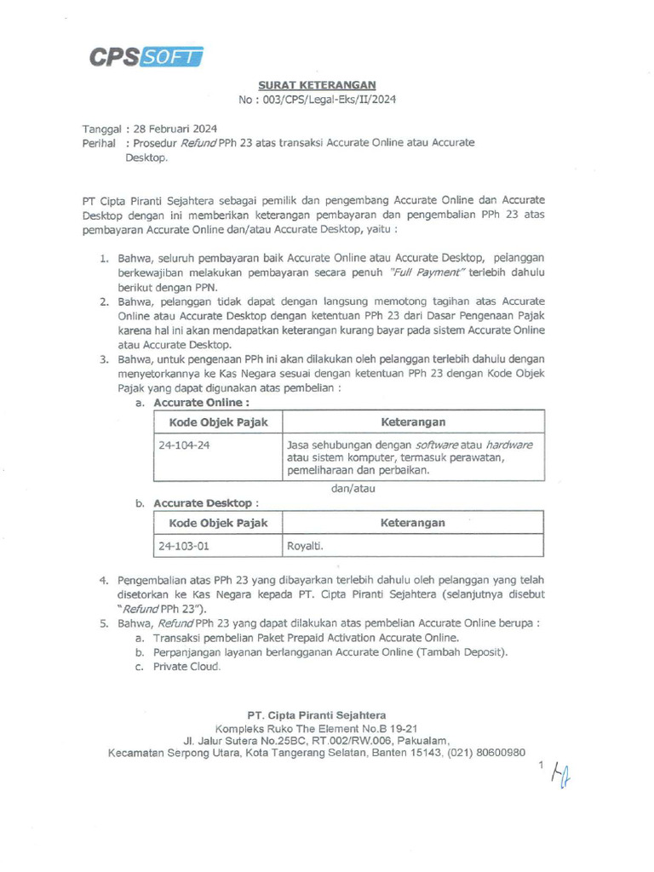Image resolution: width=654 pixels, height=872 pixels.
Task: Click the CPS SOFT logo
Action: (146, 57)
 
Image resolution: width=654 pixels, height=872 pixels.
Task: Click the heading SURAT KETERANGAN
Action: (317, 85)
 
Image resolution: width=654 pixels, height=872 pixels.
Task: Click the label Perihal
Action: (99, 143)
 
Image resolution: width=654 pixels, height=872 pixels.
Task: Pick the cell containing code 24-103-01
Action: (218, 546)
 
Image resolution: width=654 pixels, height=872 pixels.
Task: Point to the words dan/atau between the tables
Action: (353, 489)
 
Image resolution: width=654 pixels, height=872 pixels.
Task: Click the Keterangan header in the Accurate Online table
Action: (413, 422)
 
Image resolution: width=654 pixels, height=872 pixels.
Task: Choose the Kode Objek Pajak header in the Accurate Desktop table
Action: (218, 523)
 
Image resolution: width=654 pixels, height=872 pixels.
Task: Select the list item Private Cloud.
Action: (186, 667)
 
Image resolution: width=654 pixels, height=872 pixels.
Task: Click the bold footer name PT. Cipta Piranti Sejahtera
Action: (316, 715)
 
